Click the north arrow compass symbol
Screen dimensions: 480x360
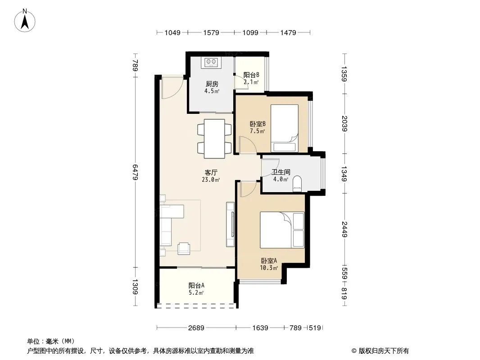(x=25, y=21)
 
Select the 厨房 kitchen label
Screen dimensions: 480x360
(x=212, y=84)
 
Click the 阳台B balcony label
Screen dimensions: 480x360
(x=251, y=75)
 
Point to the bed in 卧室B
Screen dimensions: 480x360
(x=285, y=128)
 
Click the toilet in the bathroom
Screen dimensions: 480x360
(x=297, y=184)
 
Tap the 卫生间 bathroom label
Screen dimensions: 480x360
(x=281, y=172)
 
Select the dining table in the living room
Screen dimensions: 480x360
(x=214, y=139)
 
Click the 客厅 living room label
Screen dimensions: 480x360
(x=211, y=172)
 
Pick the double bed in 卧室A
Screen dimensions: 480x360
(x=282, y=229)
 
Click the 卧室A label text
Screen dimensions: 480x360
(x=269, y=261)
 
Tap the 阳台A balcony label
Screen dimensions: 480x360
(x=196, y=285)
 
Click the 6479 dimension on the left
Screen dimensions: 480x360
(x=135, y=172)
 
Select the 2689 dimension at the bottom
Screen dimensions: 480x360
(x=196, y=328)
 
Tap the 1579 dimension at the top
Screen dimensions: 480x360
(x=211, y=32)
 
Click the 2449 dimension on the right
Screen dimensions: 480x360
(x=344, y=229)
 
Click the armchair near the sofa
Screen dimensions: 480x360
(x=184, y=248)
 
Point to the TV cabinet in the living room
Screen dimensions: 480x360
(x=230, y=224)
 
